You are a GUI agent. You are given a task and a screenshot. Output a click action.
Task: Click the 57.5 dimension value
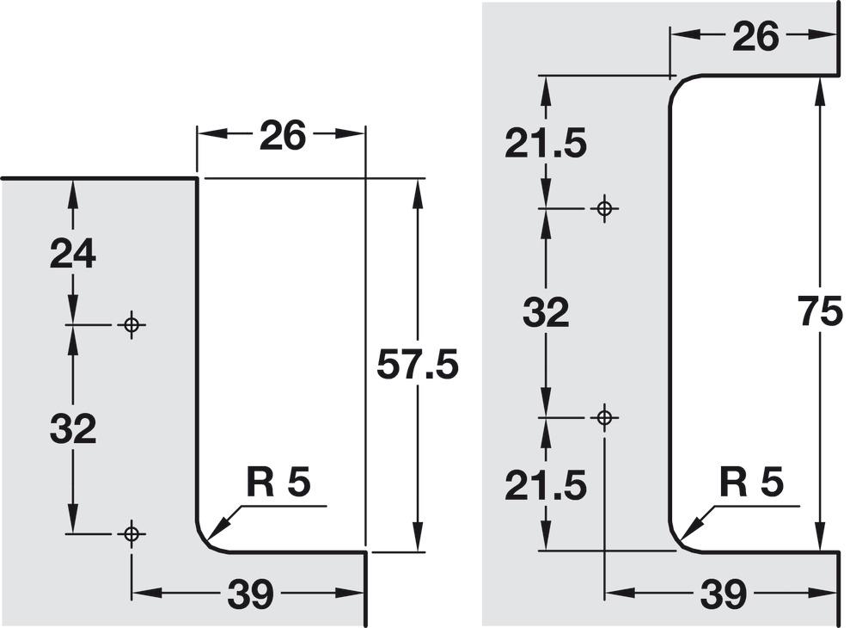click(418, 365)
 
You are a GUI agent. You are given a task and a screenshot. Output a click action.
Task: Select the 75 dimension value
click(821, 312)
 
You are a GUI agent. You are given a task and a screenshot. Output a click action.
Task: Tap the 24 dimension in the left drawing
click(73, 254)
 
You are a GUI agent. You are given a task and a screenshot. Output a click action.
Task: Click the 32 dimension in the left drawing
click(73, 428)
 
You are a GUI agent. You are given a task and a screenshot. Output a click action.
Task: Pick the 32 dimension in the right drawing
click(546, 312)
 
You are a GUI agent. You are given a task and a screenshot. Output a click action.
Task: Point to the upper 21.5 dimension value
click(546, 145)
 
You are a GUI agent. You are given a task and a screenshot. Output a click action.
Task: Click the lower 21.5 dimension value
click(546, 484)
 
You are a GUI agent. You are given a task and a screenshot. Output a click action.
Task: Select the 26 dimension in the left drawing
click(283, 136)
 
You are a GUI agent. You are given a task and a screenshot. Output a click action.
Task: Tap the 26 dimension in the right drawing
click(755, 37)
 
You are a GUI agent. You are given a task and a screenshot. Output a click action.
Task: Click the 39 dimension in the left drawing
click(250, 594)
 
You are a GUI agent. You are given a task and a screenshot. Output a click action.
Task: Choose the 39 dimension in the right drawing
click(724, 594)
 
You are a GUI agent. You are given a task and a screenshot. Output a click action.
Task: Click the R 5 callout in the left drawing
click(278, 483)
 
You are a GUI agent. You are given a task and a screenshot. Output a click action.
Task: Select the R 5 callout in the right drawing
click(751, 482)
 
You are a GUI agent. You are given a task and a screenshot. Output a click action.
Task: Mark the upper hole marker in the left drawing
click(131, 324)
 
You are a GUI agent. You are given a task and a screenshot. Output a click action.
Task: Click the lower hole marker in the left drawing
click(131, 534)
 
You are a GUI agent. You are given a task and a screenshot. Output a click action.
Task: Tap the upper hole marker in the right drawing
click(604, 208)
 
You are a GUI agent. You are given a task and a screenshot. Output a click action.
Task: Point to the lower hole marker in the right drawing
click(604, 417)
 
